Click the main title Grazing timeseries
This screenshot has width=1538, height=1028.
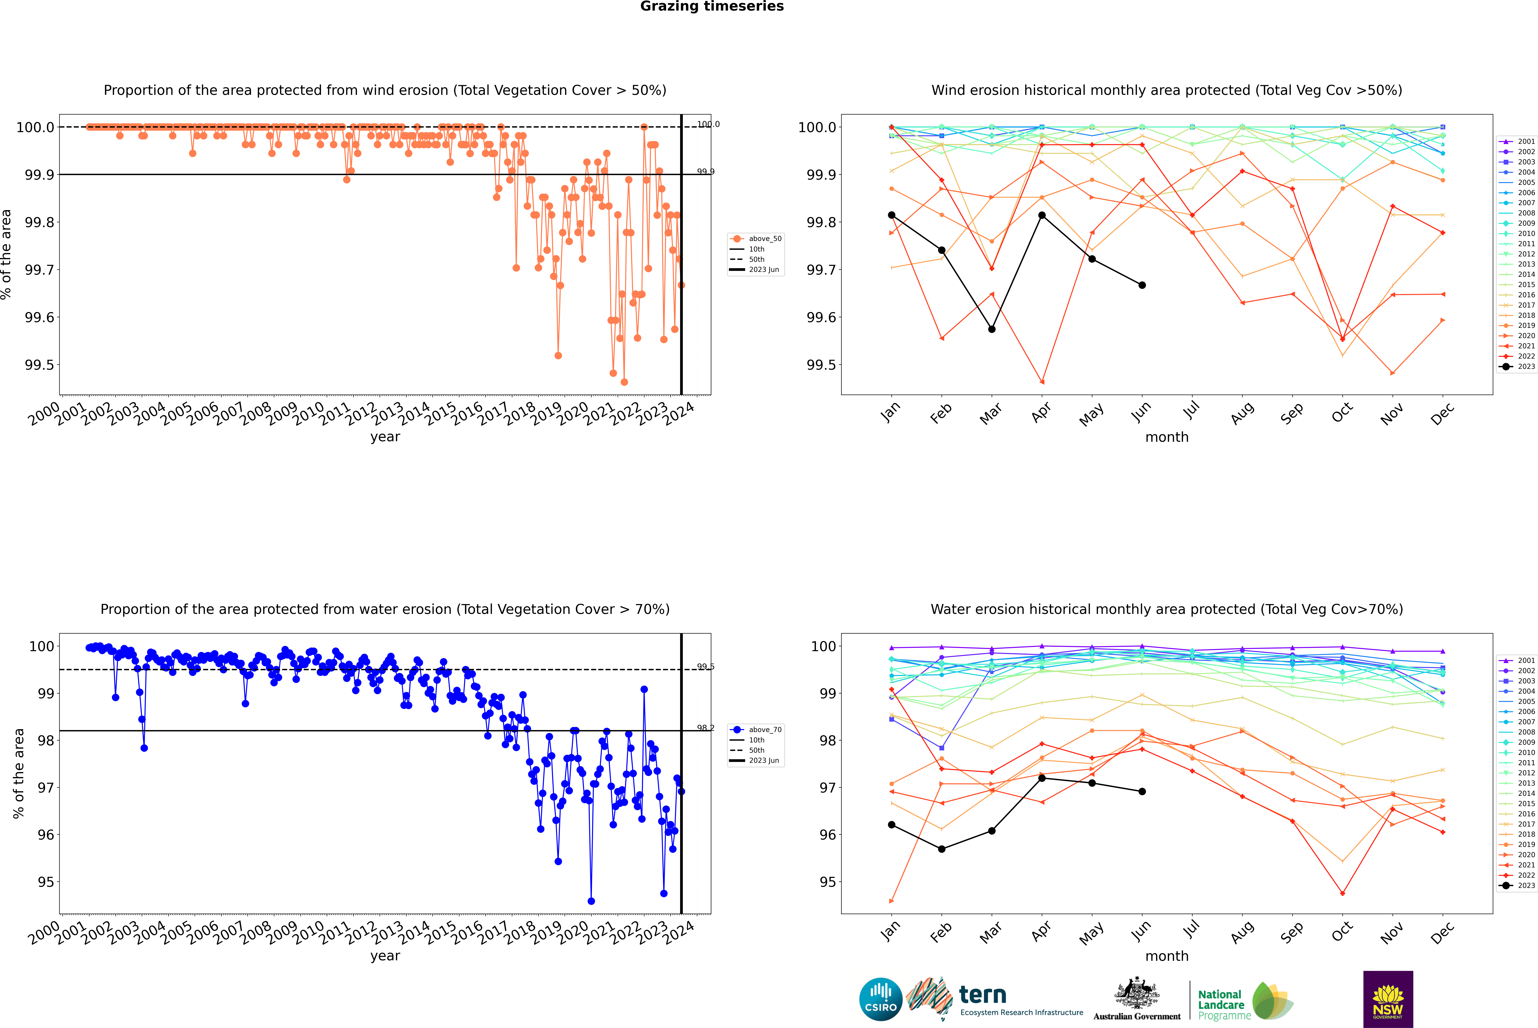712,7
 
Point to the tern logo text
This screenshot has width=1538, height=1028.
982,995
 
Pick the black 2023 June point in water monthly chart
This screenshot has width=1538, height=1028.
1142,791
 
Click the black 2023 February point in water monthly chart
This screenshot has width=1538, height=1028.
941,849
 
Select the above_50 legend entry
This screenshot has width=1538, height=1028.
756,239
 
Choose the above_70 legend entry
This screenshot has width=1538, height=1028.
756,730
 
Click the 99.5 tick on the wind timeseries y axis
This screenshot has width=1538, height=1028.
39,365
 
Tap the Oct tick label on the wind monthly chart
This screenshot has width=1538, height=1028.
1342,413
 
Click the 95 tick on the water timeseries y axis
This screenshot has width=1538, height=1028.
46,882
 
